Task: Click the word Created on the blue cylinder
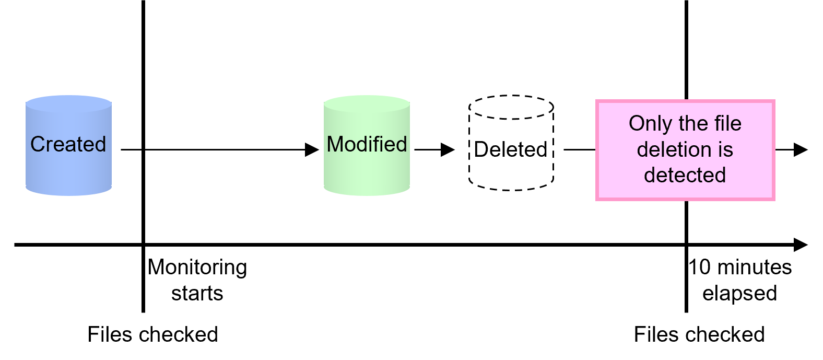pos(68,144)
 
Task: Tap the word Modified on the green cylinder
pos(367,144)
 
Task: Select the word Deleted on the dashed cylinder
pos(511,149)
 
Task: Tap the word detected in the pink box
pos(685,175)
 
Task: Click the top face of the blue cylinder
pos(68,104)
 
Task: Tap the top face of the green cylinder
pos(367,103)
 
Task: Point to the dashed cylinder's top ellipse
pos(511,108)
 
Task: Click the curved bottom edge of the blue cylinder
pos(68,195)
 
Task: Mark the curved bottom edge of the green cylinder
pos(367,195)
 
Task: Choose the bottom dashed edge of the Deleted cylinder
pos(511,189)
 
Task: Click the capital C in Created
pos(37,144)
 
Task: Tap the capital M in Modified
pos(335,144)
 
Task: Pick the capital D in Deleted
pos(480,149)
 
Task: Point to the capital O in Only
pos(637,124)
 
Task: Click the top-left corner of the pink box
pos(597,101)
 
